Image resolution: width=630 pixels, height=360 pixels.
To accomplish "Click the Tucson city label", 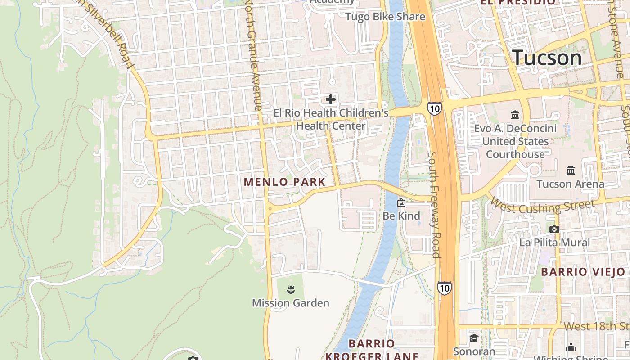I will click(x=547, y=58).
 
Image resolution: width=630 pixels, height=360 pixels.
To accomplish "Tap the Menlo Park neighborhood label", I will click(x=284, y=182).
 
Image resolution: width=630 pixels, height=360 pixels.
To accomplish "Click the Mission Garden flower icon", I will click(x=291, y=289).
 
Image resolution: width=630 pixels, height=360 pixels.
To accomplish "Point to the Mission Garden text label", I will click(x=291, y=303).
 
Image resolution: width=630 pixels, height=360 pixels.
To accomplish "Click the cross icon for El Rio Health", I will click(x=331, y=99).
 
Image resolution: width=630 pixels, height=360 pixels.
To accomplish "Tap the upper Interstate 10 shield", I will click(x=434, y=108).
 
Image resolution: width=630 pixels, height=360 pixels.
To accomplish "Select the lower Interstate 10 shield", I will click(x=444, y=288).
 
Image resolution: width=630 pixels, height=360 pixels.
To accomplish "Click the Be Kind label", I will click(x=401, y=216).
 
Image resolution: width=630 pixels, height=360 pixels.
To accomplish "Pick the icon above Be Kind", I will click(x=401, y=203).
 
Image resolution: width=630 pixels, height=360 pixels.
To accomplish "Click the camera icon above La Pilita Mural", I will click(x=554, y=229).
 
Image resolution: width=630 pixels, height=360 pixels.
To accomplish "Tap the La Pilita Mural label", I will click(x=554, y=243).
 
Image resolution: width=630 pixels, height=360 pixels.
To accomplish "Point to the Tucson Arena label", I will click(x=571, y=184).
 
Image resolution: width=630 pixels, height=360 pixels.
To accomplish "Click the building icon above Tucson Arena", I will click(x=571, y=170).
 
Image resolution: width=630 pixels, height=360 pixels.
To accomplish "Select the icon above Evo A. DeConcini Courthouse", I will click(x=515, y=115).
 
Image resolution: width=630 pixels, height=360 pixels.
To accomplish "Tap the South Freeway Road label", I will click(x=434, y=205).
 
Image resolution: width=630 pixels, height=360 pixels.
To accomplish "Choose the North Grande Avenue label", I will click(x=253, y=54).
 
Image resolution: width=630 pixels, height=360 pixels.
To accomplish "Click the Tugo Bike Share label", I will click(x=385, y=17).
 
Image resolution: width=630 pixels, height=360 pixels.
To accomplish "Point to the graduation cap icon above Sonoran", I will click(x=473, y=338).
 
